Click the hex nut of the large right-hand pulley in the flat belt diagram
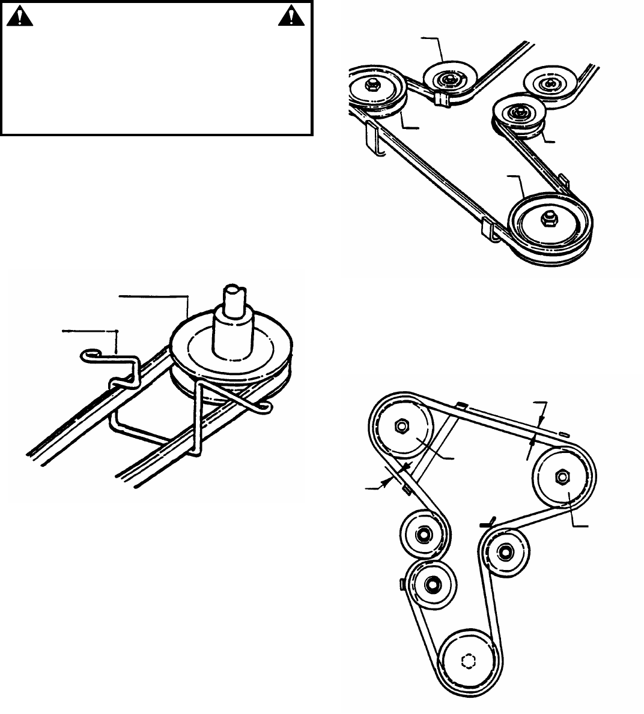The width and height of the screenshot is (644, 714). point(563,476)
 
